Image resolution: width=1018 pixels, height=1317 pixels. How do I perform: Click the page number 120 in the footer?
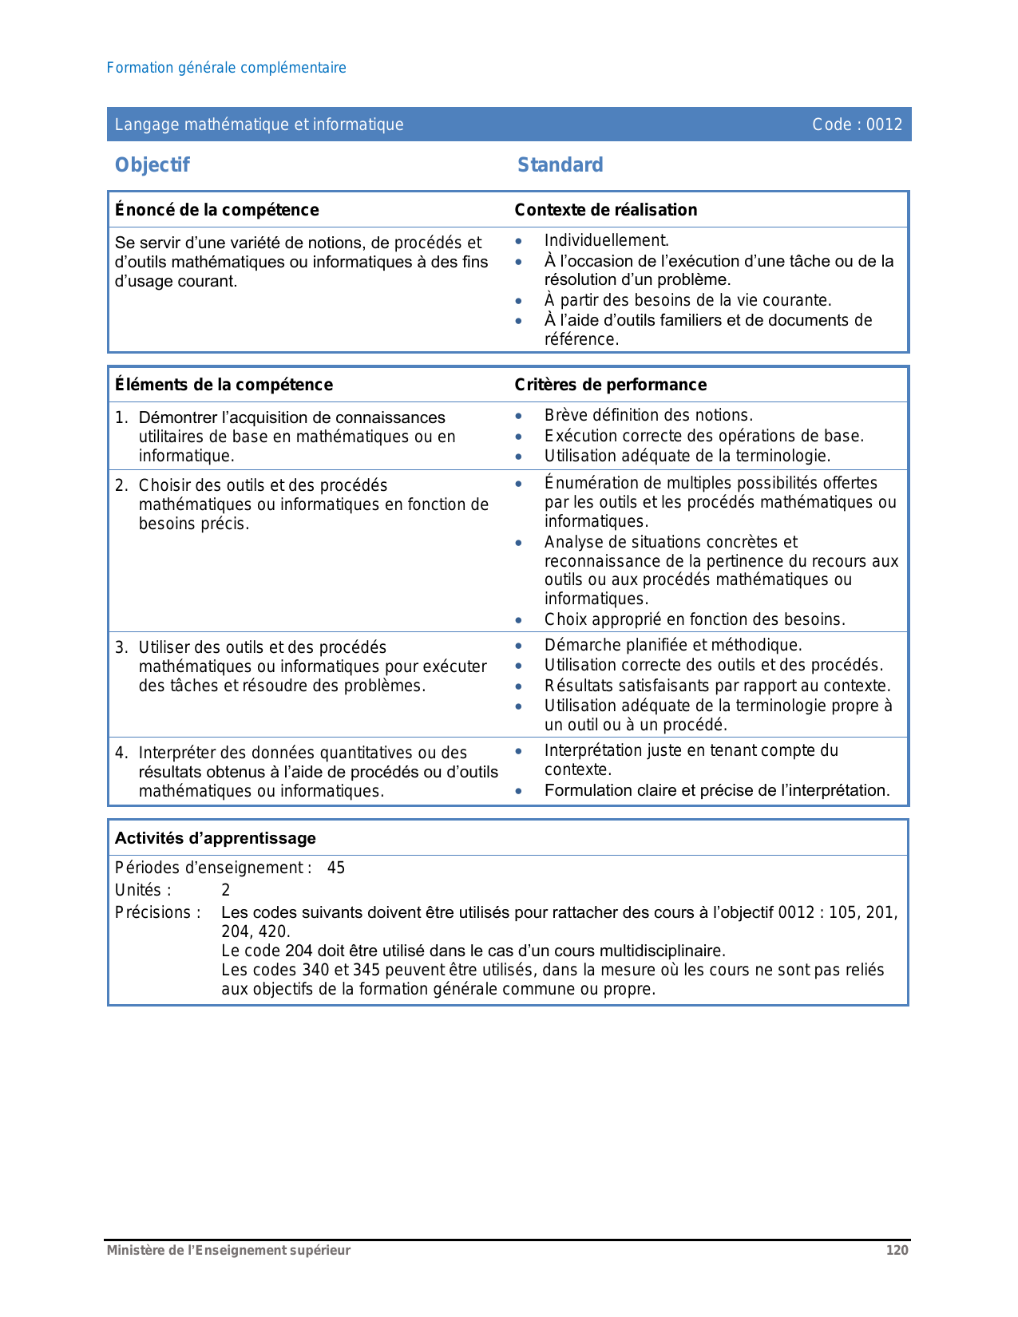(x=897, y=1250)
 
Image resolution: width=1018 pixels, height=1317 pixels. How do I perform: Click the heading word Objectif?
(x=153, y=165)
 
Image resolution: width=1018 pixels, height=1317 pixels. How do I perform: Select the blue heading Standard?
(x=560, y=165)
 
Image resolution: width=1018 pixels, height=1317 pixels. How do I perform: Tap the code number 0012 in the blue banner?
(x=885, y=125)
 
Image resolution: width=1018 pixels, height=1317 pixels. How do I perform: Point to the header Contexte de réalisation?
(x=605, y=210)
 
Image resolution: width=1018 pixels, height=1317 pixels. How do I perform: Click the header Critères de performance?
(x=610, y=385)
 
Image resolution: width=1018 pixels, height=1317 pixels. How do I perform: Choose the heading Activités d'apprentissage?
(x=216, y=838)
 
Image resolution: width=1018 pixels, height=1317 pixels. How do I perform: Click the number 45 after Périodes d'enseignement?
(x=336, y=868)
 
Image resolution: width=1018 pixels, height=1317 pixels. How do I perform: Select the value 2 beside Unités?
(x=226, y=890)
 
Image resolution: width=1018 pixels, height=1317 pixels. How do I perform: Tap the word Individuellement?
(x=606, y=240)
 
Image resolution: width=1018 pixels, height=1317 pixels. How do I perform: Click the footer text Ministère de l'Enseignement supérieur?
(x=228, y=1250)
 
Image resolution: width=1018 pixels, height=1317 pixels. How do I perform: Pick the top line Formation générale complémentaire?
(x=226, y=68)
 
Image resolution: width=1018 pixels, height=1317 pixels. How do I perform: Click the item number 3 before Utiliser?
(x=121, y=647)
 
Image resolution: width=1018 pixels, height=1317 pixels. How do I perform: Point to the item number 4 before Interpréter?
(x=121, y=753)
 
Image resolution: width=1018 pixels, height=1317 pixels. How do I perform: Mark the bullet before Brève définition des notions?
(x=519, y=416)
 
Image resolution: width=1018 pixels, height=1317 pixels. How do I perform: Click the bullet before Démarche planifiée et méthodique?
(x=519, y=646)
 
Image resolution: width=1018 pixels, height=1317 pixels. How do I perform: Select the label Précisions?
(x=157, y=912)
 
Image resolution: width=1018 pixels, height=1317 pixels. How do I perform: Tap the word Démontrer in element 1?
(x=178, y=417)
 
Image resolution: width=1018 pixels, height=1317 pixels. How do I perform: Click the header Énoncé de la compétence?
(x=216, y=210)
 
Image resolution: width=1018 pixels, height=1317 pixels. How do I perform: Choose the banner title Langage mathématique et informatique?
(x=259, y=125)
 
